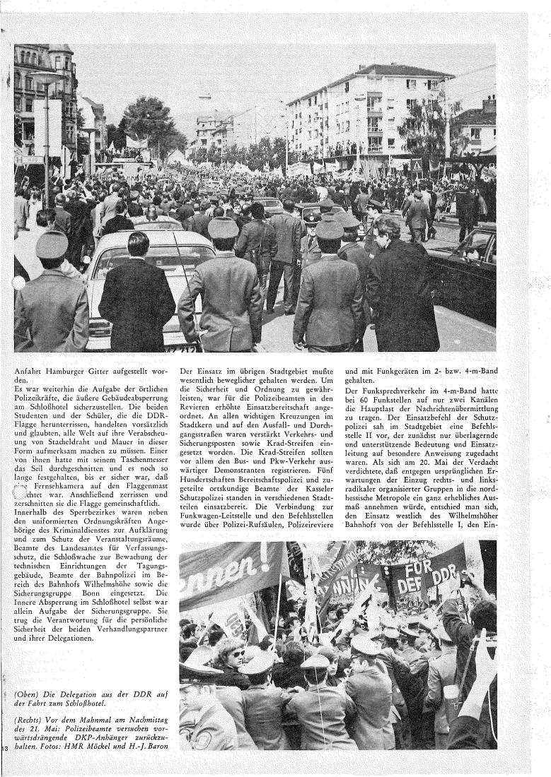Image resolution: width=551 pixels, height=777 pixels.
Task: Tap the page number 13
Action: [x=5, y=748]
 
